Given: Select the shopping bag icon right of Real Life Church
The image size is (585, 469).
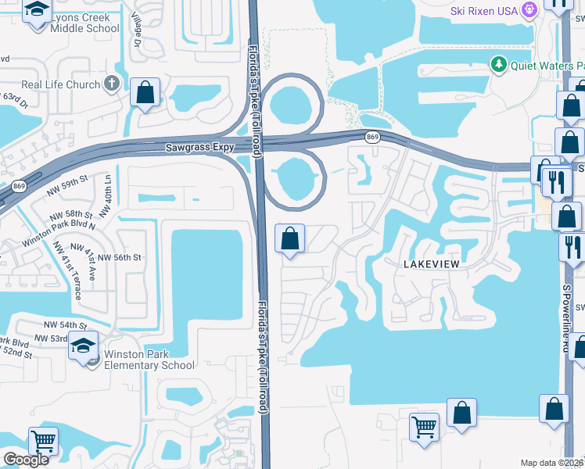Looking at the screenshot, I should (x=145, y=92).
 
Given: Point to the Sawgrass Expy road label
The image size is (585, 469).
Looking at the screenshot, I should (x=200, y=147).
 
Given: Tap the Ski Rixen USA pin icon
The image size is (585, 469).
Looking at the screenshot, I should (x=529, y=10).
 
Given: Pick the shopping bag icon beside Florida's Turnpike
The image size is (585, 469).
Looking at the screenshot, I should (x=290, y=239).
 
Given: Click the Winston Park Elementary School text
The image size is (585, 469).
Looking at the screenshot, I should (x=149, y=360).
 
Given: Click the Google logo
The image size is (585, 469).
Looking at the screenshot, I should (x=26, y=460).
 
